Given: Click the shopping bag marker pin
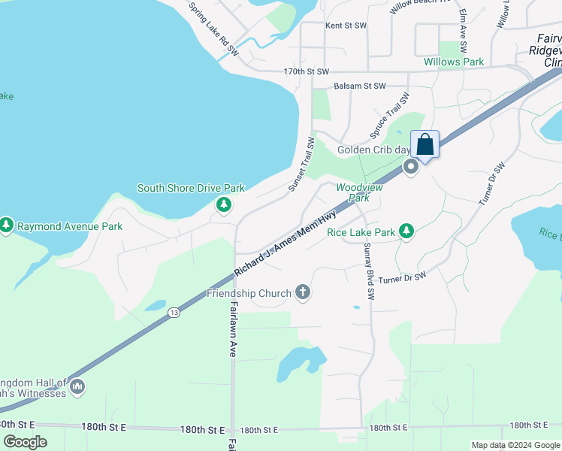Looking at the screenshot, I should tap(425, 145).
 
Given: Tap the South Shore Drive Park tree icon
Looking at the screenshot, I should tap(223, 204).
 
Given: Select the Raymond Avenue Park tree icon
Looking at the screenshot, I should tap(7, 225).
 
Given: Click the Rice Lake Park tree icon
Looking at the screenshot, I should tap(406, 232).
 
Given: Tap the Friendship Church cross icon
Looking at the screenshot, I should tap(303, 292).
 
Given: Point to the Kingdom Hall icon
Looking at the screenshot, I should tap(77, 387).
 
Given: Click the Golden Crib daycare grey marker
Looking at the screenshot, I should tap(411, 167).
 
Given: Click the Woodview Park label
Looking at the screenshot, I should tap(359, 192).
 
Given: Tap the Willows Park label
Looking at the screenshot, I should tap(454, 62).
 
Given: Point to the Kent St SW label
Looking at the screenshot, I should tap(346, 26).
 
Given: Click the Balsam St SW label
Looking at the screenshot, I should tap(359, 86).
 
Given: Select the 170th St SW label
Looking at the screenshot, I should tap(307, 71).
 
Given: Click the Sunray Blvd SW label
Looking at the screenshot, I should tap(367, 272).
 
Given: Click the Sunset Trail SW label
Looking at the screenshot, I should tap(301, 164).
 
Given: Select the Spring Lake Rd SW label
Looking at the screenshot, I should tap(214, 30).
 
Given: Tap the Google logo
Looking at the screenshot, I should tap(25, 442).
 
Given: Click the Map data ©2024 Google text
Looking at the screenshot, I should tap(515, 445).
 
